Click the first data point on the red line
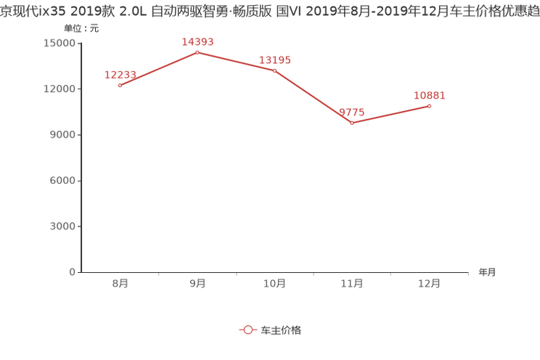click(120, 85)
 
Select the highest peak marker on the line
click(197, 52)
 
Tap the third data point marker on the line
click(274, 70)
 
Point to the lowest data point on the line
click(352, 124)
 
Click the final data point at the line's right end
click(430, 106)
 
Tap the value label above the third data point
click(275, 61)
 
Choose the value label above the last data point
click(430, 96)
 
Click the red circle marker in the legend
click(248, 330)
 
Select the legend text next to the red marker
click(281, 330)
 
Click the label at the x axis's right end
click(487, 273)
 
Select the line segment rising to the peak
click(158, 69)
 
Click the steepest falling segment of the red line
click(313, 97)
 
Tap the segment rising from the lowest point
click(390, 115)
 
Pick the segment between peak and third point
click(236, 61)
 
